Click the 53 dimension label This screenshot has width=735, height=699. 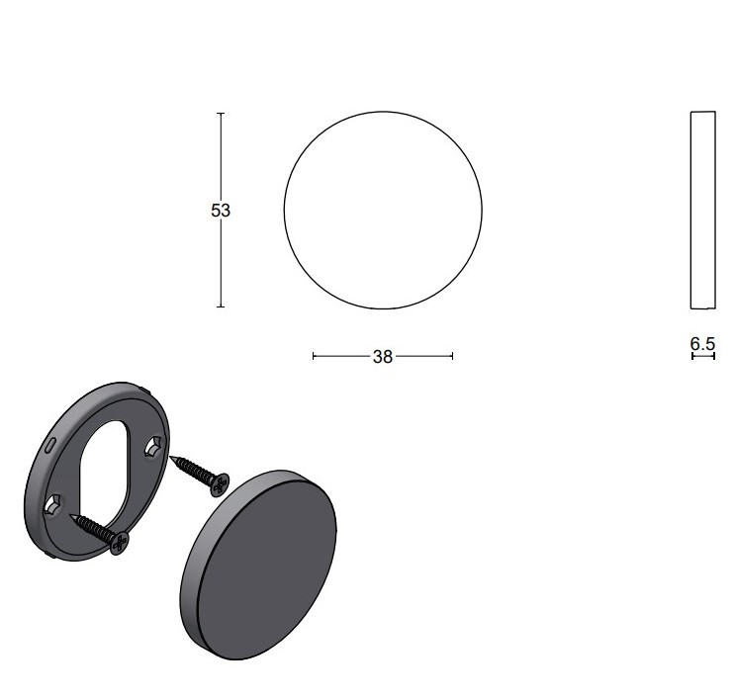(221, 211)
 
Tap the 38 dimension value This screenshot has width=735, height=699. (382, 357)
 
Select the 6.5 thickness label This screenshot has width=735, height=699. (702, 343)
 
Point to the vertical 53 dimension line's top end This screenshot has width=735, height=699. (221, 114)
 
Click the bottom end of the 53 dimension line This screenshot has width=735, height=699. (221, 306)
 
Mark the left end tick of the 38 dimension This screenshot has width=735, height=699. (314, 356)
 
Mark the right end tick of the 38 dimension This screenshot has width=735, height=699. (452, 356)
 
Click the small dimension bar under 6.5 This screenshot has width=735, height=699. (702, 356)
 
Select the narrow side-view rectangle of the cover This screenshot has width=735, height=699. (702, 211)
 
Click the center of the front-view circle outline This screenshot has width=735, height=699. (383, 211)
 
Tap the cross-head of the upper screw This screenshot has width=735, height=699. (220, 483)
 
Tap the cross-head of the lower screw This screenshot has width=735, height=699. (119, 541)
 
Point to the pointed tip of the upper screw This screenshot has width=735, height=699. (174, 458)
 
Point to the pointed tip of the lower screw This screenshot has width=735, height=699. (72, 515)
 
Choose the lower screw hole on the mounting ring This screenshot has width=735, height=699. (53, 506)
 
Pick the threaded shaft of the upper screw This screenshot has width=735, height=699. (195, 470)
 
